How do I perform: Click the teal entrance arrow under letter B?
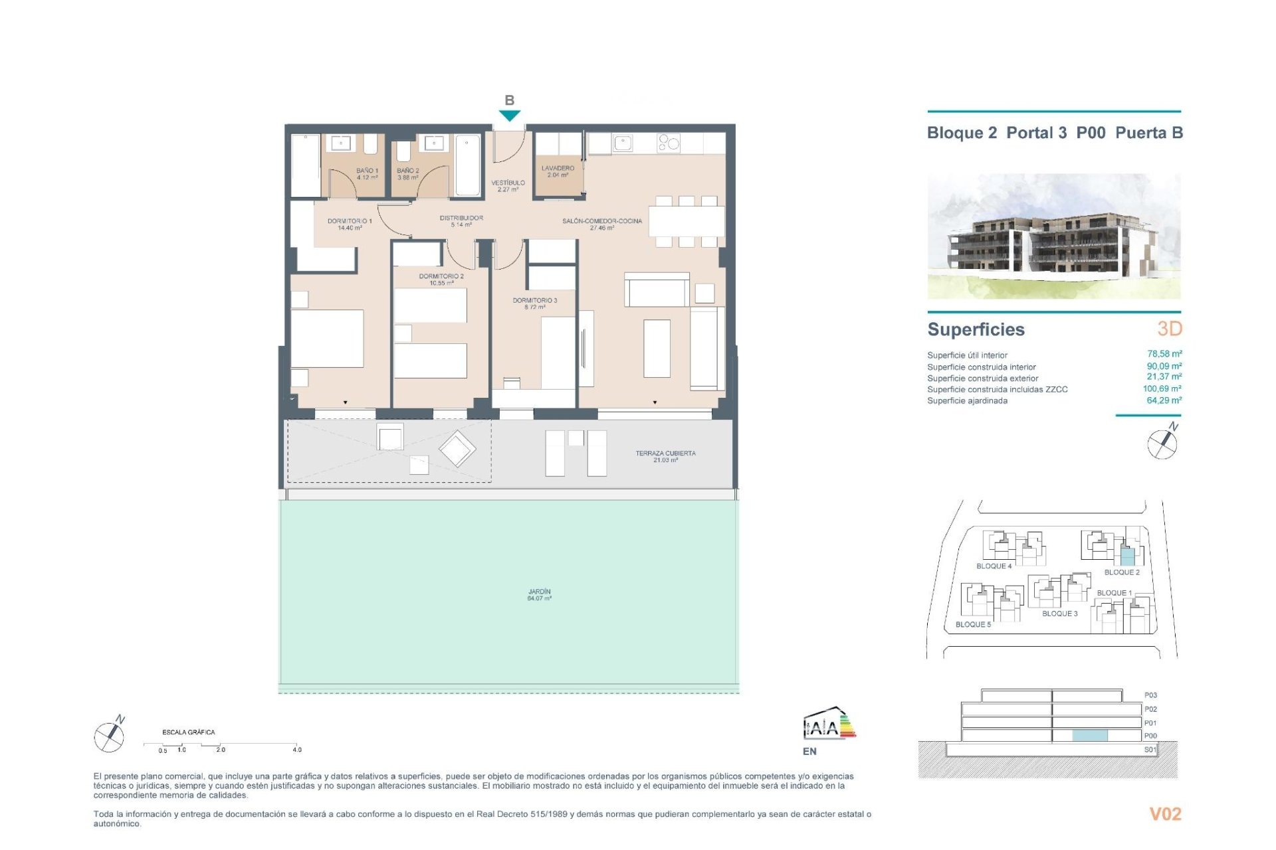509,116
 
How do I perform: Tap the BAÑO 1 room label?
367,174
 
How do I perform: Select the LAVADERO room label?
558,171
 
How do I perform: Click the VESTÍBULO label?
508,186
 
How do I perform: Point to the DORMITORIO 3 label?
534,303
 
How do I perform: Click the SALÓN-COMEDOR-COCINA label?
602,224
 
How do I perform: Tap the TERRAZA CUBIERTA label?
665,456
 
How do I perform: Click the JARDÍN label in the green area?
539,594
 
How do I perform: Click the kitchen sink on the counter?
623,143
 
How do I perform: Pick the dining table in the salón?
686,221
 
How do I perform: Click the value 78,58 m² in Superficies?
1164,354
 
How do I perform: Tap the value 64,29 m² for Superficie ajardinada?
1164,400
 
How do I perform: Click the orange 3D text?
1170,329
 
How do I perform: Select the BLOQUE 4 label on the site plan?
994,566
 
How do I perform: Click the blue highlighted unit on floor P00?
1090,735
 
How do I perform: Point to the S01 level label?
1150,750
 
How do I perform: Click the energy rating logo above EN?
829,724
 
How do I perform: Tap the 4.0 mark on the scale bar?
296,750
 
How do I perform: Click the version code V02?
1165,814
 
